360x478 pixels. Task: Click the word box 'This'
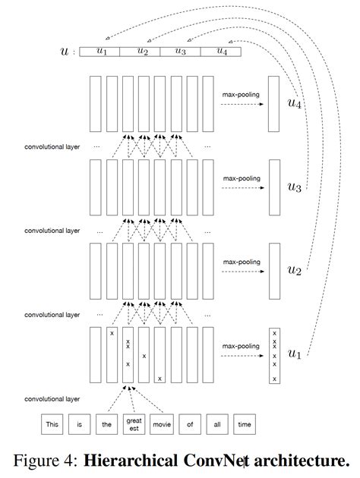(x=52, y=424)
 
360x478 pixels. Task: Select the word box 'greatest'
(x=133, y=424)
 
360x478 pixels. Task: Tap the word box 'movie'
(x=162, y=424)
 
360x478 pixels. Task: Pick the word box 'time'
(x=244, y=424)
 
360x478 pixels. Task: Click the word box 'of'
(x=188, y=424)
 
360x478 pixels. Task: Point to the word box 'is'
(x=79, y=424)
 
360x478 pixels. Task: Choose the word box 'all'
(x=216, y=424)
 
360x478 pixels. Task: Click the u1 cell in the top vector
(x=103, y=52)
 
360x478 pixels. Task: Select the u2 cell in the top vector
(x=142, y=52)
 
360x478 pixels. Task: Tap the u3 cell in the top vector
(x=181, y=52)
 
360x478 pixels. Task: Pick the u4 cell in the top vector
(x=220, y=52)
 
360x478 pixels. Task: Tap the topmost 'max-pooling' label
(x=241, y=95)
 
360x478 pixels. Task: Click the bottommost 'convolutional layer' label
(x=52, y=398)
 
